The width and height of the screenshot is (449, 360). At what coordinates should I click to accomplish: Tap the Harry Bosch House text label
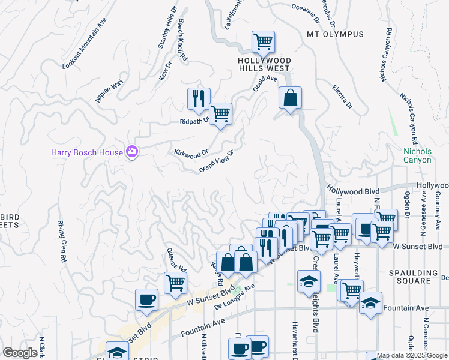[86, 153]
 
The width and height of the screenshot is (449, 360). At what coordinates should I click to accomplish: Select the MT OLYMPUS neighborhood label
[335, 34]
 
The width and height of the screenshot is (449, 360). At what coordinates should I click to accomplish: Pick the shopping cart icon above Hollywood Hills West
[263, 42]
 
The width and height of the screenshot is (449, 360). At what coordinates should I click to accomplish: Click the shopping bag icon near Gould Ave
[290, 98]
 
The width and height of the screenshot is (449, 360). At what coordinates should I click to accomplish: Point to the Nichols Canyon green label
[417, 155]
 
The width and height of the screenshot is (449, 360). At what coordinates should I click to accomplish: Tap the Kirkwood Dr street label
[191, 152]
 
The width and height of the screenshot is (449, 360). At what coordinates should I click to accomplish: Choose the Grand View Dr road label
[216, 161]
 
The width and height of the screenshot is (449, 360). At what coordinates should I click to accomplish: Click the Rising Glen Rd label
[61, 242]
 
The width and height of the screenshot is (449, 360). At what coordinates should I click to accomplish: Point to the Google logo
[20, 353]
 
